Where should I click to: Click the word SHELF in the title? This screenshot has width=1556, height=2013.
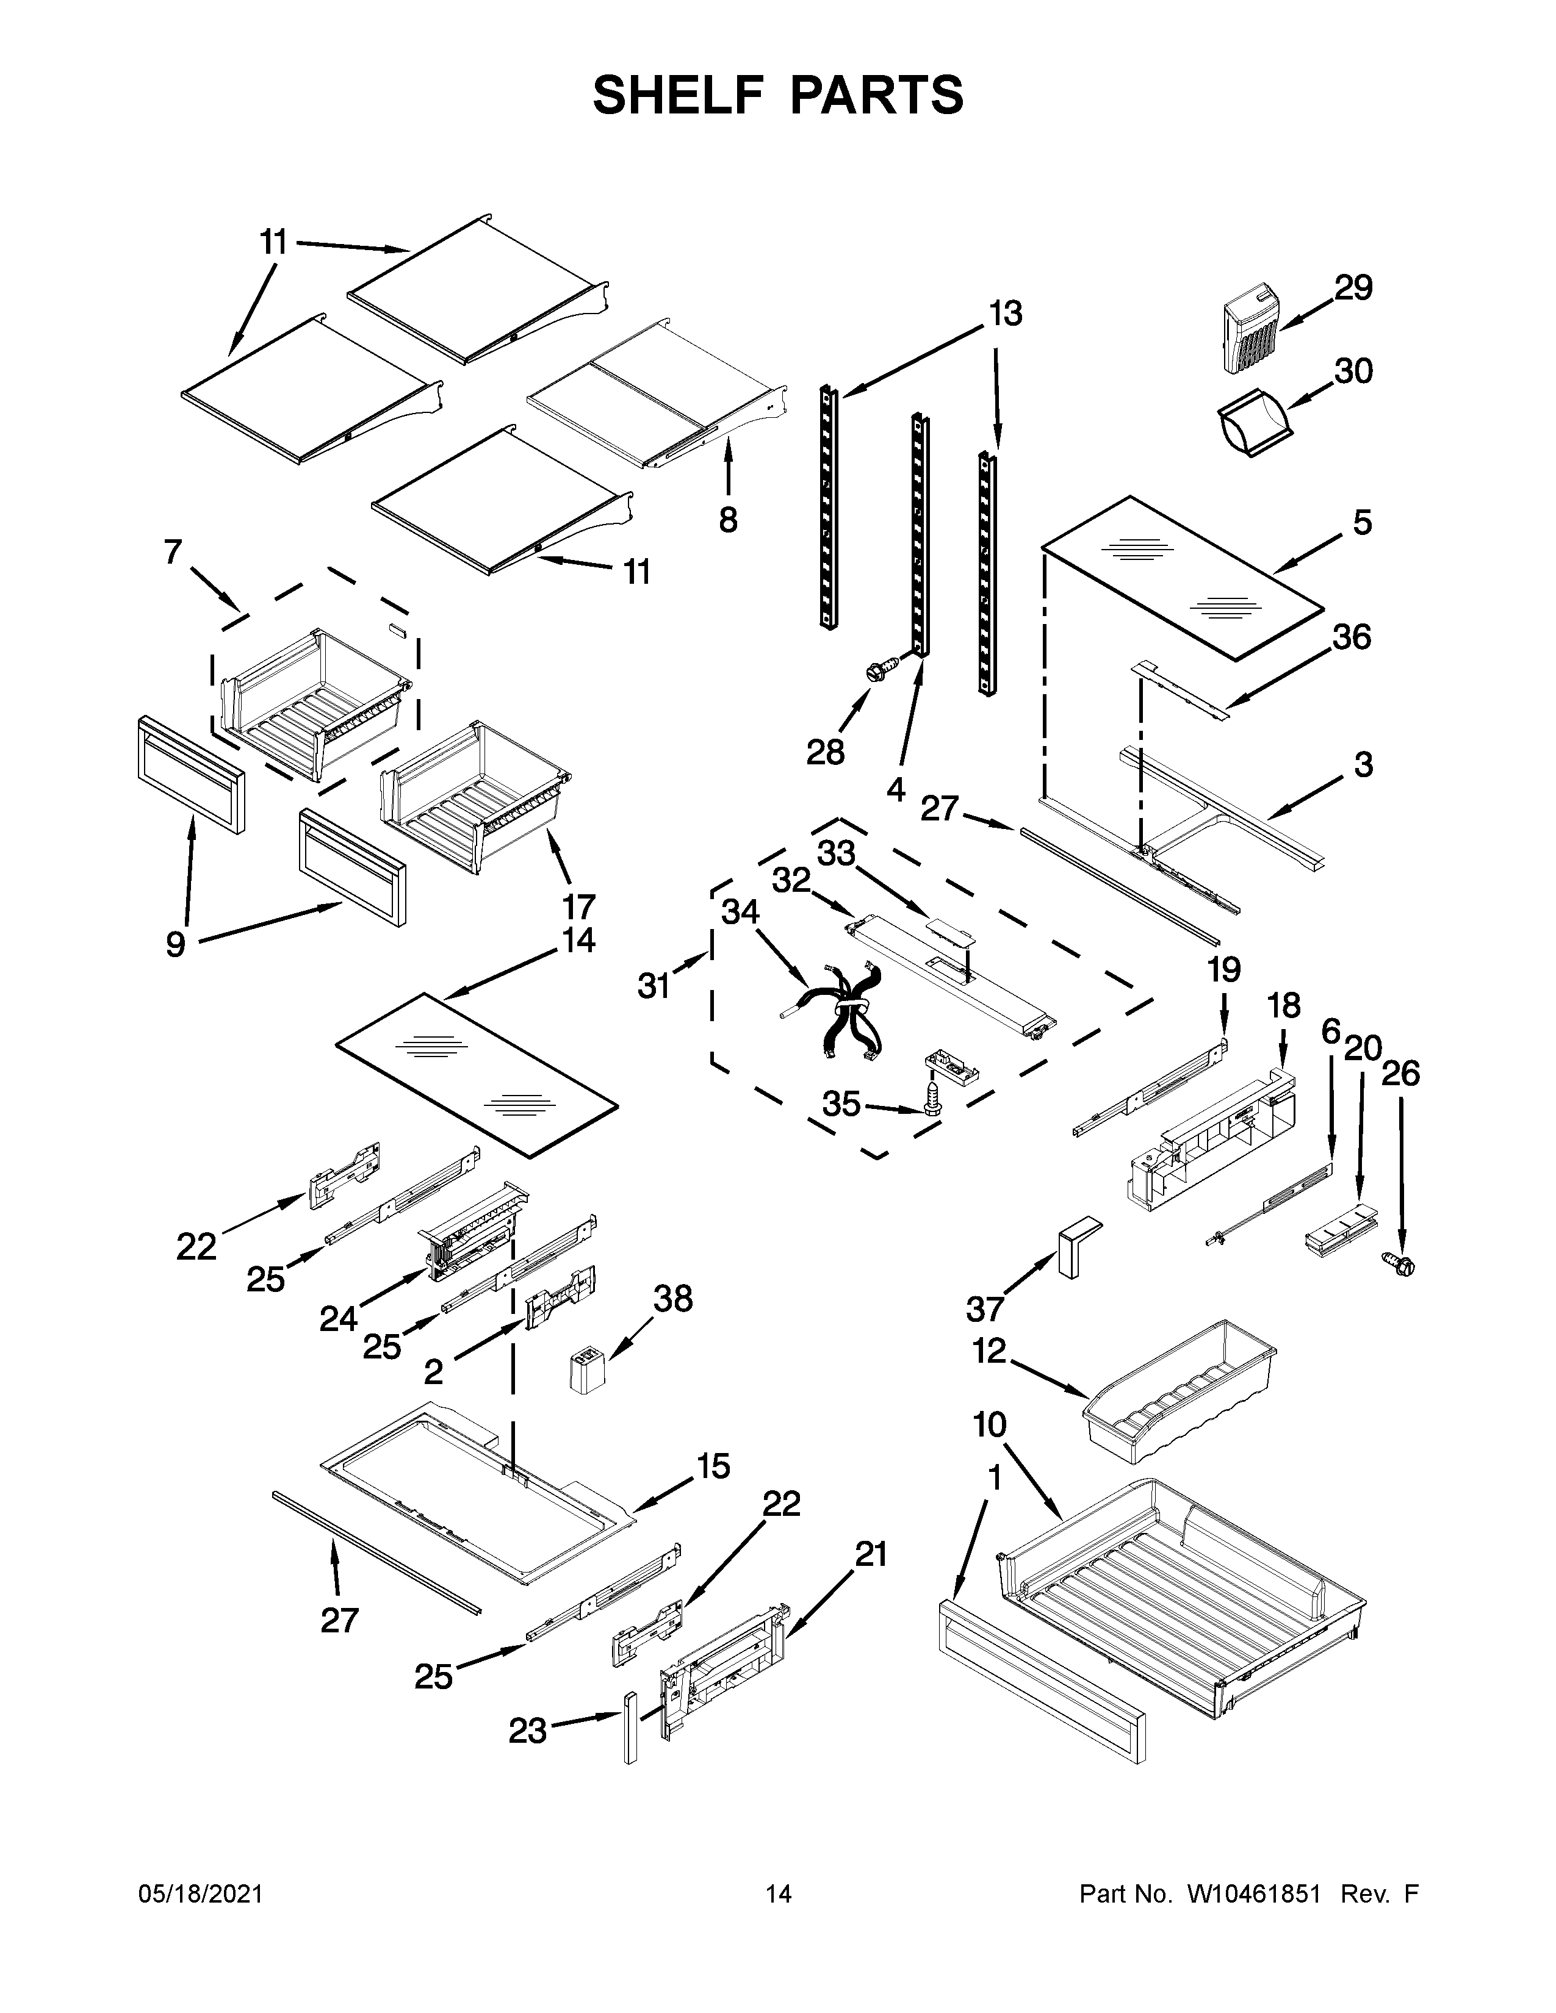pyautogui.click(x=677, y=95)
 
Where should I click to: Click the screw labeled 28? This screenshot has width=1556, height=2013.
pyautogui.click(x=881, y=668)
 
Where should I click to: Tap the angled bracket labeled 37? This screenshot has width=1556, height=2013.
pyautogui.click(x=1075, y=1244)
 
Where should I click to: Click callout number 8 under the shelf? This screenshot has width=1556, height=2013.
pyautogui.click(x=728, y=521)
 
